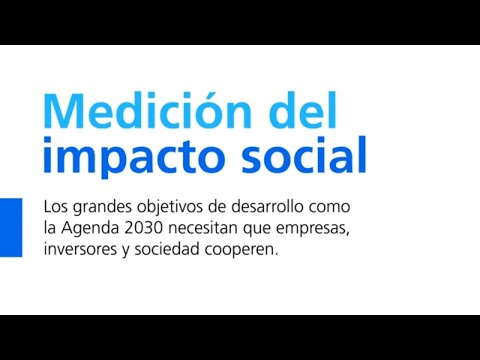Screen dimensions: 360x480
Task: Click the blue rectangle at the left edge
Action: pyautogui.click(x=10, y=227)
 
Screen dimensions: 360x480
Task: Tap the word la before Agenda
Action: pyautogui.click(x=50, y=230)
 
